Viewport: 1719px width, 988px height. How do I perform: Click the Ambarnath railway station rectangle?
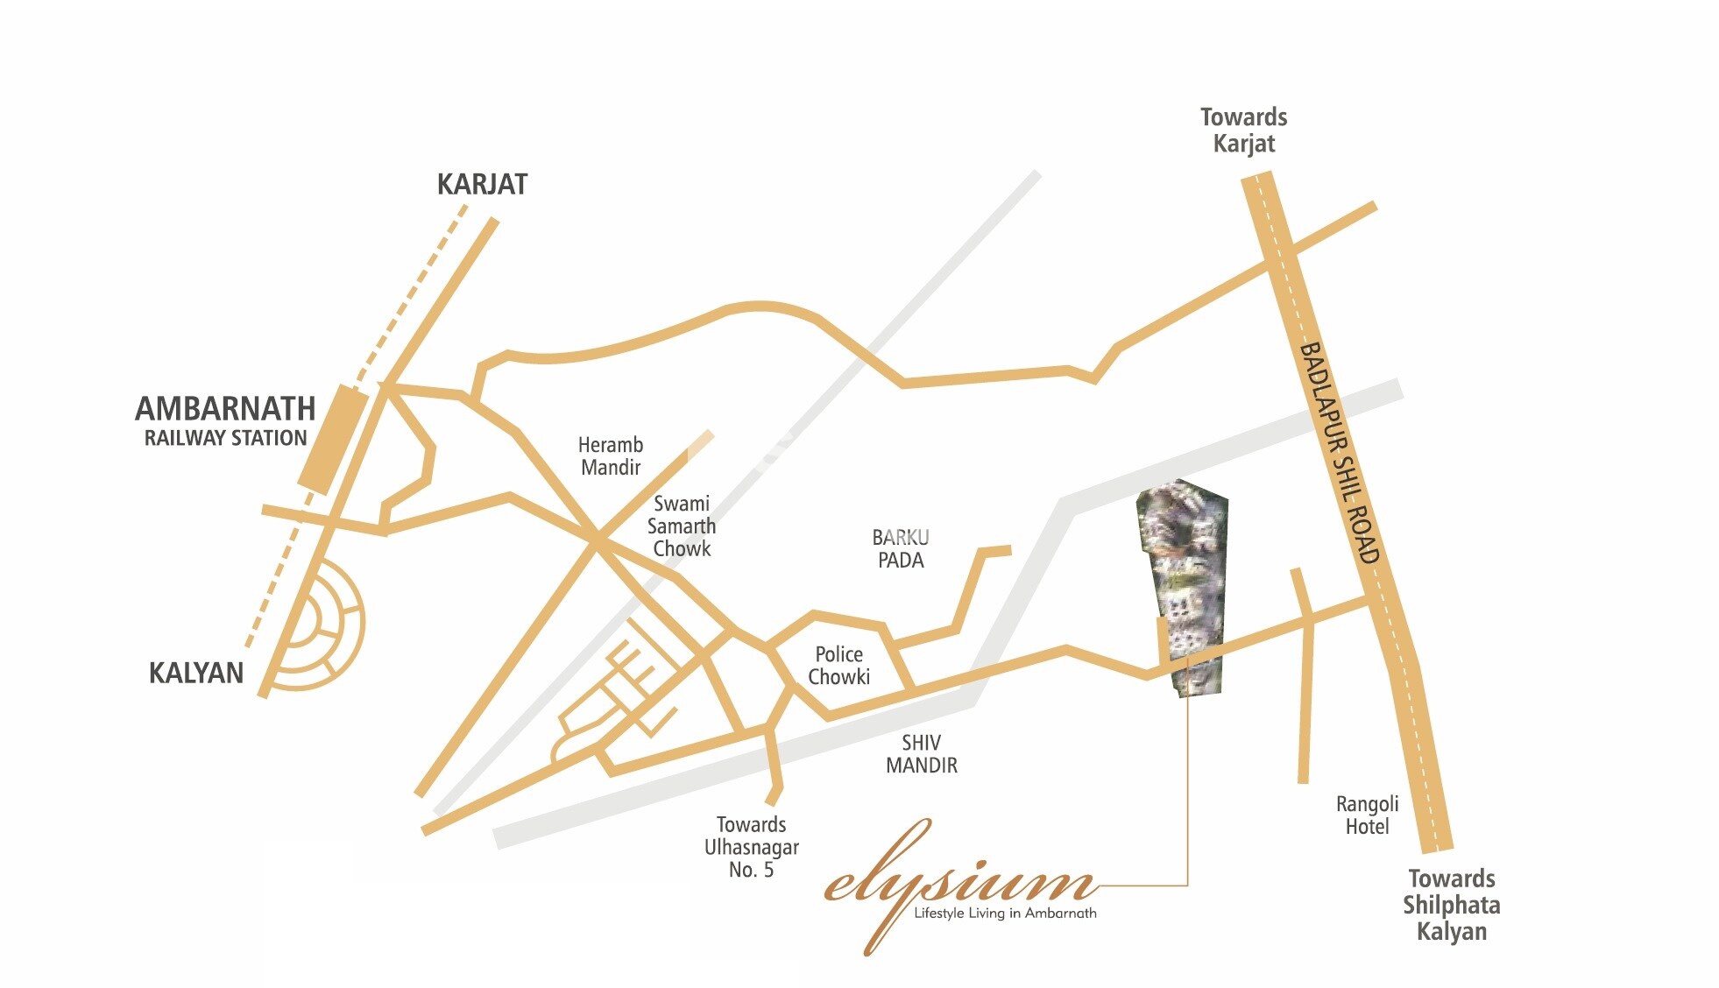coord(333,438)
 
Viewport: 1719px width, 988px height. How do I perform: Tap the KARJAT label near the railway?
coord(482,185)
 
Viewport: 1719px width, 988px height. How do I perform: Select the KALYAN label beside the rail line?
coord(196,673)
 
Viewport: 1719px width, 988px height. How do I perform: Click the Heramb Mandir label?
coord(611,456)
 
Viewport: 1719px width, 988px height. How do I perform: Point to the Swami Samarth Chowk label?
coord(682,526)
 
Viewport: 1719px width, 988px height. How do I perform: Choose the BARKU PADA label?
coord(901,549)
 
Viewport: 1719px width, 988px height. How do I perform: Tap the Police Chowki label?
coord(838,666)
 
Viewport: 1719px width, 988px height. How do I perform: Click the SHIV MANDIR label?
coord(921,754)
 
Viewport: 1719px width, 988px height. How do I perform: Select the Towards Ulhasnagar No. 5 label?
coord(752,847)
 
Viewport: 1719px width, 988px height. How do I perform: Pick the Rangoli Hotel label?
coord(1367,815)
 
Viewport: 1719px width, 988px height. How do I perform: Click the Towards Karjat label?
coord(1243,131)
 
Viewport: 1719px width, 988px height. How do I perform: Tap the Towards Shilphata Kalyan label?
coord(1451,905)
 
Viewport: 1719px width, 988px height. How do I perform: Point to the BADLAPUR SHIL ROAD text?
coord(1339,452)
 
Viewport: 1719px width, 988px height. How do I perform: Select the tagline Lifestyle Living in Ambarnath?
coord(1005,914)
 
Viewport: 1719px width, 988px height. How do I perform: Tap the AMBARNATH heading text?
coord(225,409)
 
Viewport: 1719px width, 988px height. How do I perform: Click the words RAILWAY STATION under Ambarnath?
coord(225,438)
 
